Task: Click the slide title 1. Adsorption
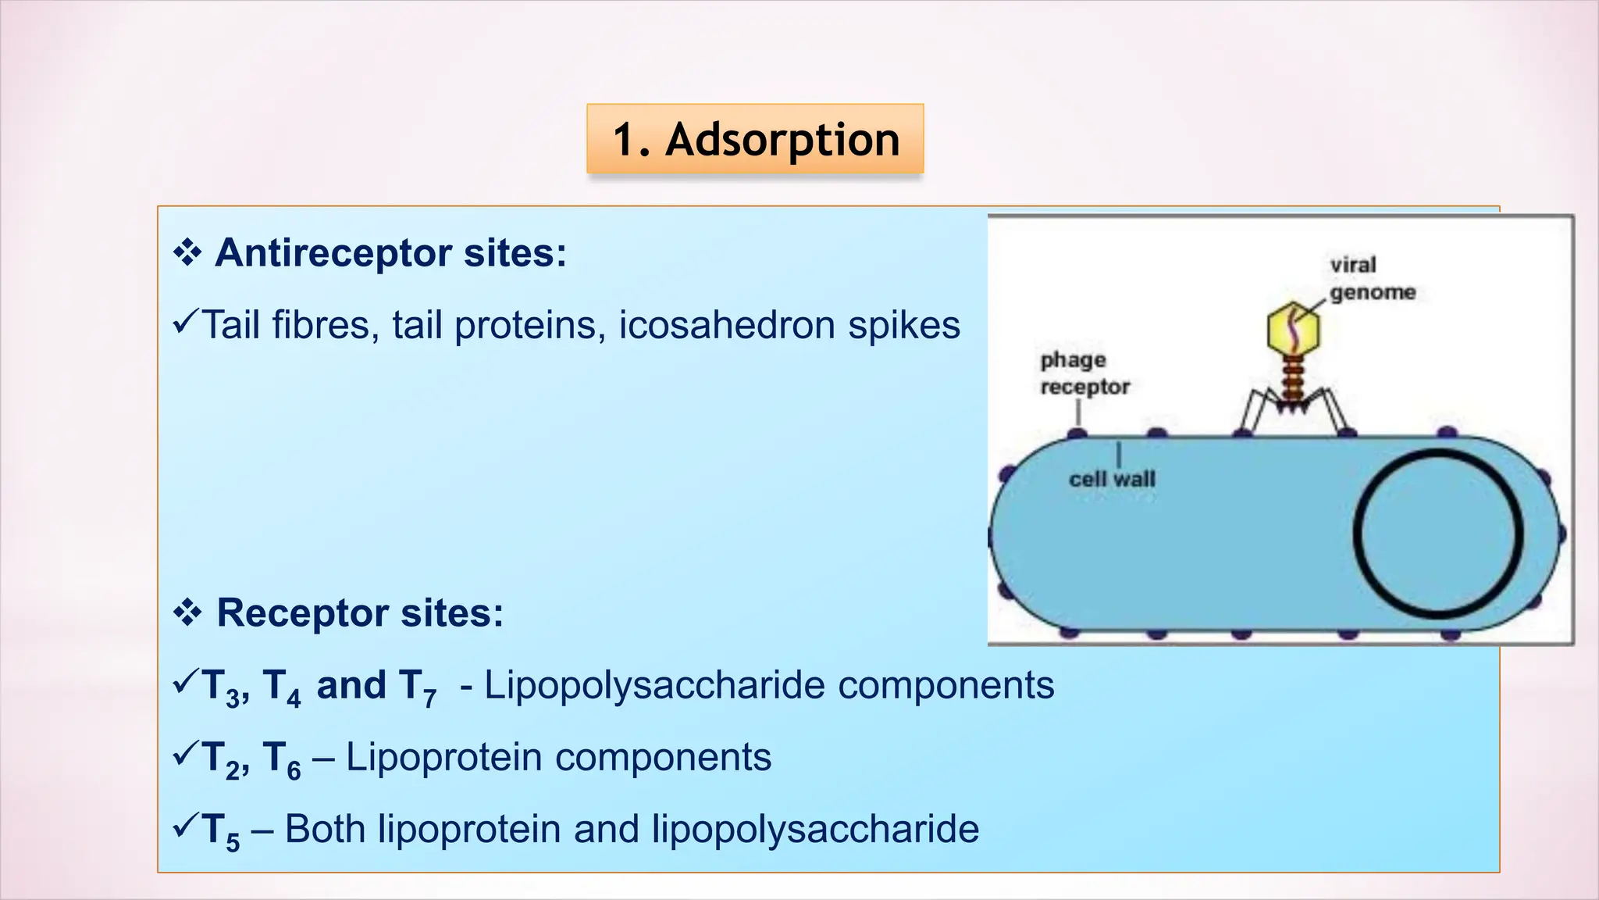coord(755,139)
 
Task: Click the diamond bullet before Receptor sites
coord(187,612)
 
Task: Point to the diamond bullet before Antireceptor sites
coord(187,253)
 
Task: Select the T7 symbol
coord(417,687)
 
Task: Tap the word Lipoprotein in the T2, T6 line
coord(443,757)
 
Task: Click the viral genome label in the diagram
coord(1372,278)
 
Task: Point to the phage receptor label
coord(1084,373)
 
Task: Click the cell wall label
coord(1111,479)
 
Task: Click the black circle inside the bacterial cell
coord(1437,534)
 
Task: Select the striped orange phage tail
coord(1293,377)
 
